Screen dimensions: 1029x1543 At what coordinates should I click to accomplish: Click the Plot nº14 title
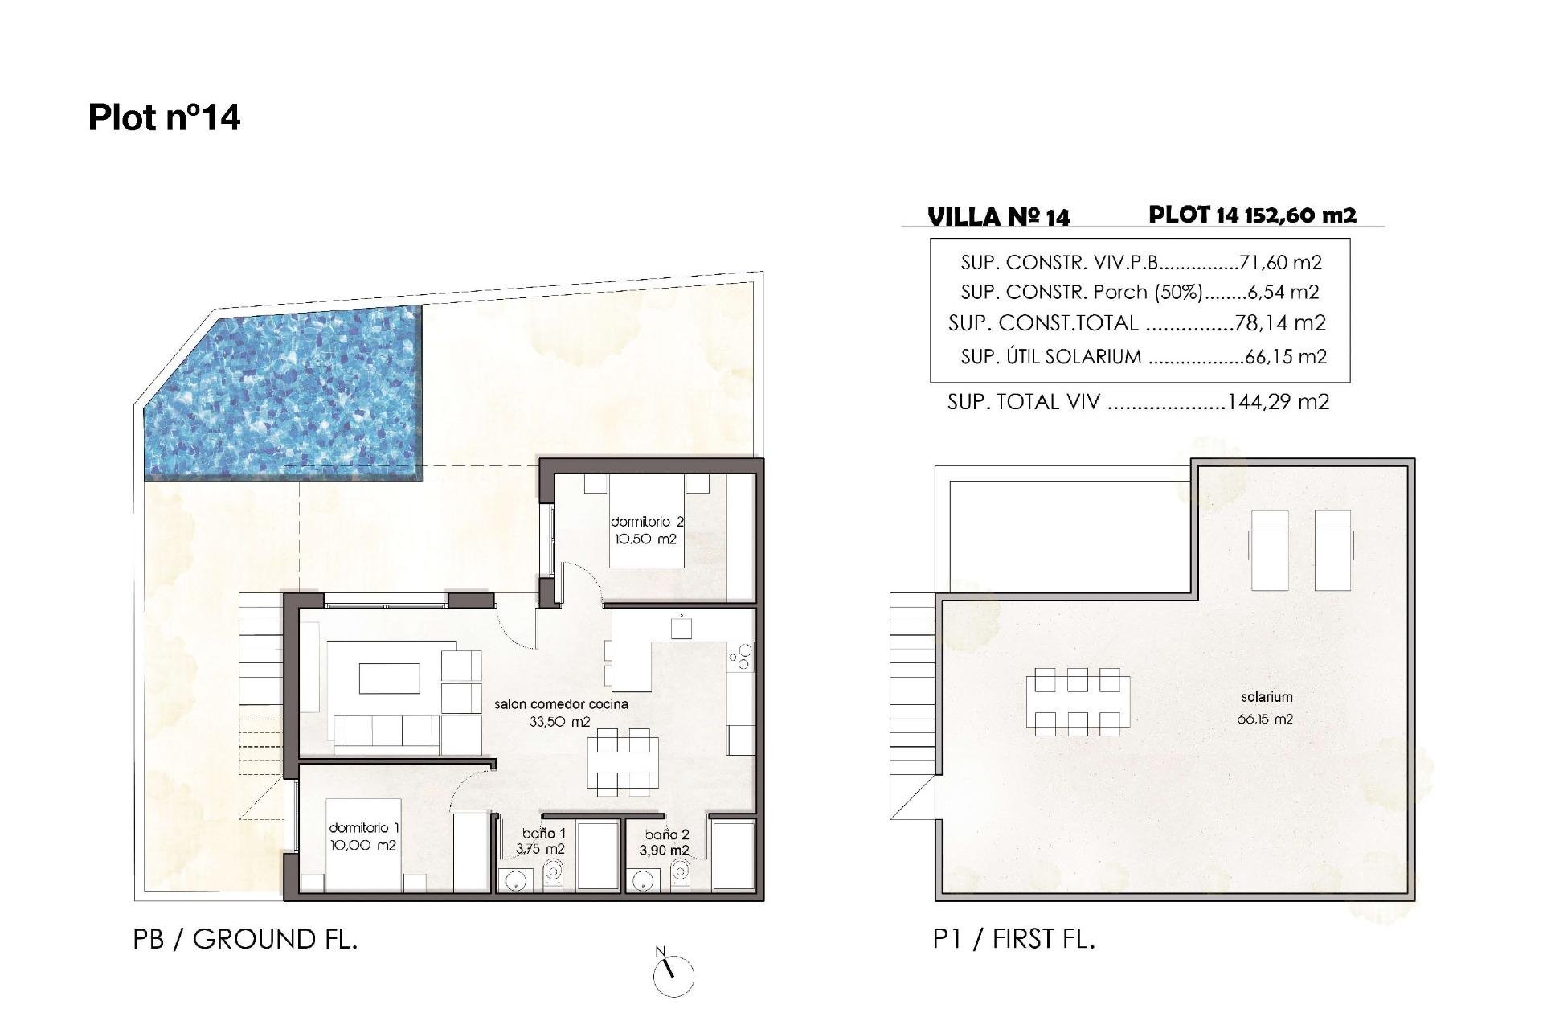point(164,117)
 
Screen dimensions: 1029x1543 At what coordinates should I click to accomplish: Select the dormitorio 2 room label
point(647,531)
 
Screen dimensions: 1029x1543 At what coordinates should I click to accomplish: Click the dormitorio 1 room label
point(363,836)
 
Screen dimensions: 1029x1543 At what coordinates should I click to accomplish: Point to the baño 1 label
point(544,841)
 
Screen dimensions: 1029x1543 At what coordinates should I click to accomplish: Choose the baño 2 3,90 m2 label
point(665,842)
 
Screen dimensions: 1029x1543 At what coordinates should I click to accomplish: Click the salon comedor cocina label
point(560,712)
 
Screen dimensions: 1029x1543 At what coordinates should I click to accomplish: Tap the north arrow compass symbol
point(673,974)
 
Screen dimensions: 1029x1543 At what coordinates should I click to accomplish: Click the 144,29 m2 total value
point(1278,402)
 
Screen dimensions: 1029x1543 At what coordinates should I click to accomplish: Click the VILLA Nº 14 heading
point(998,217)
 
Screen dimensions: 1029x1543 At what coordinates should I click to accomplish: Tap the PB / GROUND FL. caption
point(245,939)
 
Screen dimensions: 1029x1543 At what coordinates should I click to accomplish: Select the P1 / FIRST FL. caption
point(1014,939)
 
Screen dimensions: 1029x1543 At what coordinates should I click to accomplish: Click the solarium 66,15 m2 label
point(1266,707)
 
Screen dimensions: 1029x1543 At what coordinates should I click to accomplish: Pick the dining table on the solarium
point(1077,702)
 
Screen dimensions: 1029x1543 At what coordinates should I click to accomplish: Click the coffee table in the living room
point(389,678)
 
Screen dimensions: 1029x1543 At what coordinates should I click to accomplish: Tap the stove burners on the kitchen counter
point(741,657)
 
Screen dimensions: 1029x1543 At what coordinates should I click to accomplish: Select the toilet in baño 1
point(553,873)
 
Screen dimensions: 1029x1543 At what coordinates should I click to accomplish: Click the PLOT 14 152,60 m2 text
point(1252,215)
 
